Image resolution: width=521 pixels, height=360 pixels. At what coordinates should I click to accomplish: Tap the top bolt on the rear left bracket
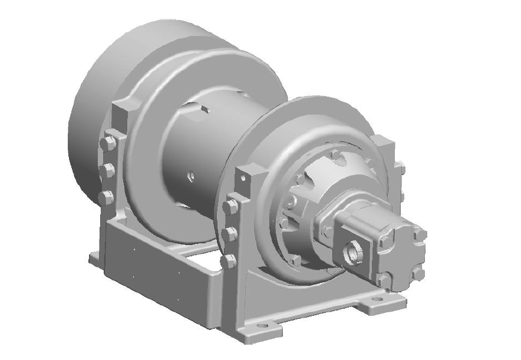[x=107, y=144]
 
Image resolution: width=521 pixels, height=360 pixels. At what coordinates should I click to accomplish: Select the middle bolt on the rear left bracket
[x=107, y=171]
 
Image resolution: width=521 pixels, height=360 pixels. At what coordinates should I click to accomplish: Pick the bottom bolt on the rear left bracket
[x=107, y=197]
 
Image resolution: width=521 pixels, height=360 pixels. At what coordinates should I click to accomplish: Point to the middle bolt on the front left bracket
[x=230, y=235]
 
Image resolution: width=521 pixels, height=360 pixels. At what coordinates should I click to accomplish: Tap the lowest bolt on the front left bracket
[x=230, y=262]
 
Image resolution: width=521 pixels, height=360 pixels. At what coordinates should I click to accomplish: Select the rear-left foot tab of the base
[x=94, y=257]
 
